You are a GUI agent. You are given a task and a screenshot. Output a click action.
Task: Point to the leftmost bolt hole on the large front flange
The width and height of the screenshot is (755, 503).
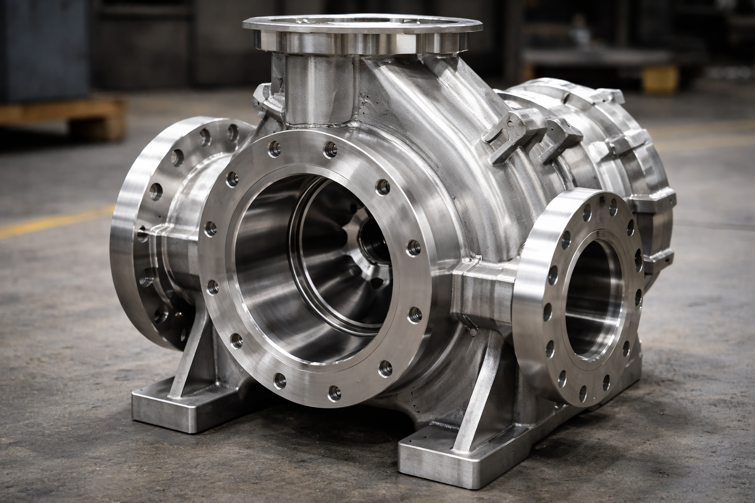[210, 227]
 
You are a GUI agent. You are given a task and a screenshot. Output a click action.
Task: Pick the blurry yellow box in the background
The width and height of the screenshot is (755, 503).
[659, 79]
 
